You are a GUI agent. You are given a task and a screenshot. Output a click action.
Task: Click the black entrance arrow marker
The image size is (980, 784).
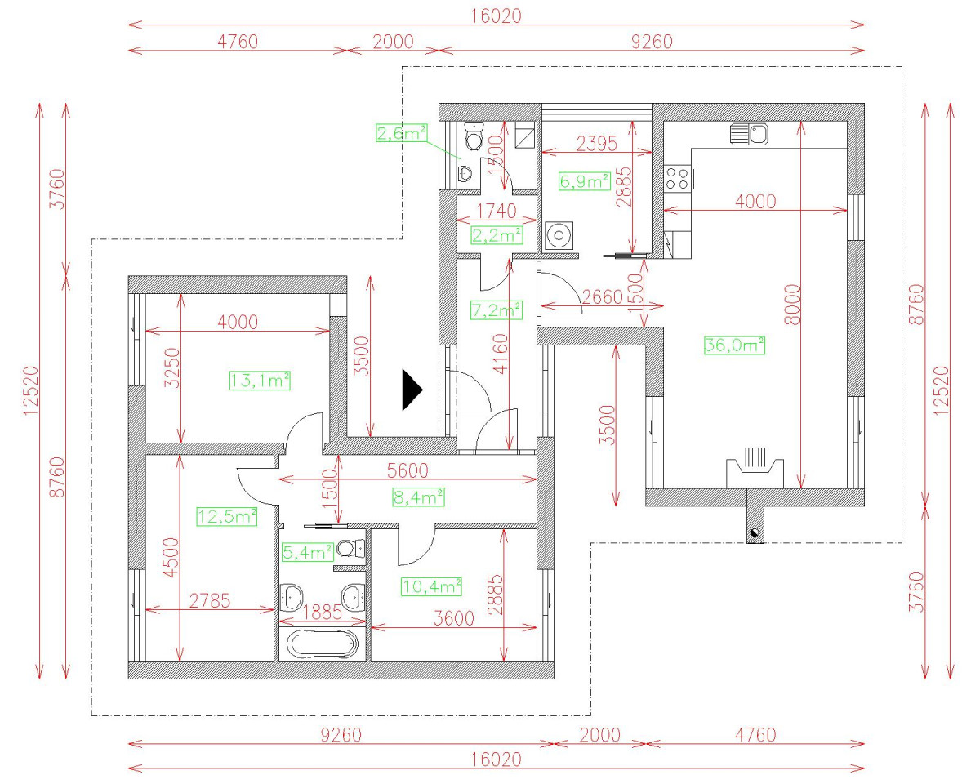coord(412,390)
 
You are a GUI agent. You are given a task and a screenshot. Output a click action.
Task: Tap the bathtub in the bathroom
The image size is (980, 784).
coord(323,644)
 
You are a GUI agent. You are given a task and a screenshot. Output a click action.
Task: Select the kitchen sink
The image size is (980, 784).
coord(749,134)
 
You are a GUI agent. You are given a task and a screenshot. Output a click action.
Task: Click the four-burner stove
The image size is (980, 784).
coord(677,179)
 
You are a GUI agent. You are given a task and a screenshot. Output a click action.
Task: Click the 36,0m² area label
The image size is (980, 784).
coord(734,345)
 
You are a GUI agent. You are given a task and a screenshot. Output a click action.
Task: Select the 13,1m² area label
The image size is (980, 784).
coord(260,381)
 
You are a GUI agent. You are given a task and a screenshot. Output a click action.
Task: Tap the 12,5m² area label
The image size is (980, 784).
coord(227,516)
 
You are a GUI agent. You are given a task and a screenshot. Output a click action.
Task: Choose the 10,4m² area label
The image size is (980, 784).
coord(431,586)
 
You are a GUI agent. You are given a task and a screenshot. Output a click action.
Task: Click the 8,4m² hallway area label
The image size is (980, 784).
coord(418,497)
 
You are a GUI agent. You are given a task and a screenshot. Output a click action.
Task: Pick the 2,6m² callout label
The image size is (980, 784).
coord(402,133)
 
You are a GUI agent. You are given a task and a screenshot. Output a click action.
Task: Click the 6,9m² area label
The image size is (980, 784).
coord(584,181)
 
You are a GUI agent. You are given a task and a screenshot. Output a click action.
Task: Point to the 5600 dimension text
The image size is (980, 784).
coord(408,470)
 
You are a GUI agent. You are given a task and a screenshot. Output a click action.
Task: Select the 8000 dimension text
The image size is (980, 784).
coord(792,305)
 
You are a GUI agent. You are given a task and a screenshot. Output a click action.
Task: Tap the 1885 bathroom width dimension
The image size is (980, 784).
coord(323,612)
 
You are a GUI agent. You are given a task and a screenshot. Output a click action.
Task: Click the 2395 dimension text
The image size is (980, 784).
coord(596,144)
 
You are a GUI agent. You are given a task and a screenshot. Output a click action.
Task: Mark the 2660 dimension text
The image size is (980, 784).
coord(602,297)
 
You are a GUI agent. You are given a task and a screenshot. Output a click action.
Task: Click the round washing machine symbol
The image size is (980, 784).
coord(559,235)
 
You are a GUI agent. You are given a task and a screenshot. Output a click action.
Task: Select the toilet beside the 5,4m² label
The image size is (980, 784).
coord(351,549)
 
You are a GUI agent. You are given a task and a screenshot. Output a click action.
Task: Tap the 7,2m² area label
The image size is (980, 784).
coord(497,310)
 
